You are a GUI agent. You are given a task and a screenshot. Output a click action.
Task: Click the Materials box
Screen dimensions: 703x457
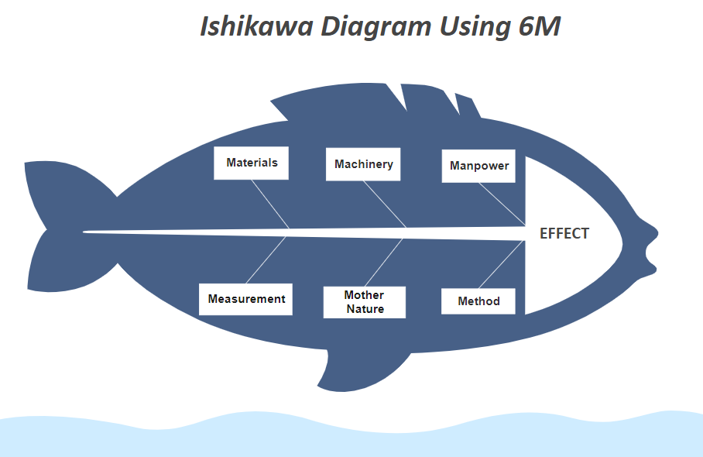(x=251, y=163)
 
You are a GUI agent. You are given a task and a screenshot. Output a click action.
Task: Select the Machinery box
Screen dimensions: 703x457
(x=363, y=164)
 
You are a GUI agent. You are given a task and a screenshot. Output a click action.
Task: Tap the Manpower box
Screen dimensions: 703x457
(x=478, y=166)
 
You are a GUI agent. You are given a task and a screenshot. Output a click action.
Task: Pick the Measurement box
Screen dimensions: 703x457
(x=245, y=299)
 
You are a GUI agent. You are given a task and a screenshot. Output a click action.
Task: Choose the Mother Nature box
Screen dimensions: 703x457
(x=365, y=302)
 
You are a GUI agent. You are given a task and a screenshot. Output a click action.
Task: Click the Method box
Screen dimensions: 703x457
(x=478, y=301)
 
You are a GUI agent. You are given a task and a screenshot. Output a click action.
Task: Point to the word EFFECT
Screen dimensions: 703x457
(x=564, y=234)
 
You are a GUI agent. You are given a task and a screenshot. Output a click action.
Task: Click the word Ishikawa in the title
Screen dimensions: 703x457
(x=256, y=26)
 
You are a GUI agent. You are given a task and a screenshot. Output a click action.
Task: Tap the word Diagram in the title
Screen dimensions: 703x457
(x=376, y=27)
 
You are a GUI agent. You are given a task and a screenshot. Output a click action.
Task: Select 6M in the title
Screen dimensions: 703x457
(x=540, y=26)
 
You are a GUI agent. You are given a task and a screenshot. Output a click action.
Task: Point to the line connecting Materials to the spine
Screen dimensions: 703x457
(x=270, y=204)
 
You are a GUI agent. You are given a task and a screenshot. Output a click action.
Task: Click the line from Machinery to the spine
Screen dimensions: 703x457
(x=385, y=204)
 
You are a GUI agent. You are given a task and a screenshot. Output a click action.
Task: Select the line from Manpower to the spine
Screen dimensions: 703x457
(x=502, y=204)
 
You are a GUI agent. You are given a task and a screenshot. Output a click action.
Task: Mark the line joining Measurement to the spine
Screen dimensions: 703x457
(x=266, y=260)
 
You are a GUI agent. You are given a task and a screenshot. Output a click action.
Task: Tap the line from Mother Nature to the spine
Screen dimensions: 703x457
(x=384, y=263)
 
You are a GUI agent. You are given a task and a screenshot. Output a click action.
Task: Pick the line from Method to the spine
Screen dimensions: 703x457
(x=501, y=265)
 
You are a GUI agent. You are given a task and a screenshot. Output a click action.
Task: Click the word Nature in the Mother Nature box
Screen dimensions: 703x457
(x=365, y=309)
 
